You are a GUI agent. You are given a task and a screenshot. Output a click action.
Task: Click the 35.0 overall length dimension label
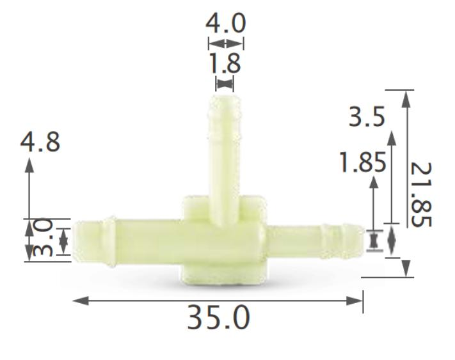(218, 318)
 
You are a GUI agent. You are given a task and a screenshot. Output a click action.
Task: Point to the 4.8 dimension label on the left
(40, 142)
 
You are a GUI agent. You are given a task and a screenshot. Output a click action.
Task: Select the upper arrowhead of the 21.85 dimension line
(405, 97)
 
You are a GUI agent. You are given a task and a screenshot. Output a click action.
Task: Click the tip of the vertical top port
(225, 98)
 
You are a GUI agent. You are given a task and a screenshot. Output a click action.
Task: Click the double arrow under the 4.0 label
(226, 43)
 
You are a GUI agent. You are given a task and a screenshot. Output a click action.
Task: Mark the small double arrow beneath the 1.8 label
(225, 82)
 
